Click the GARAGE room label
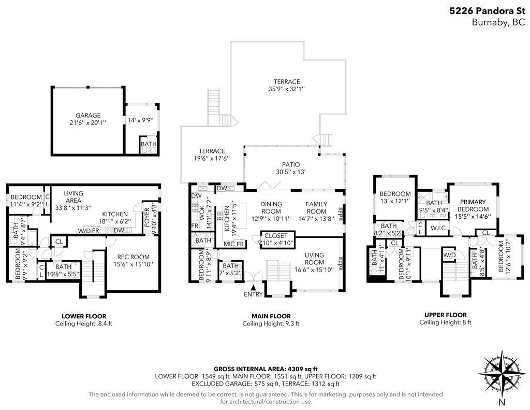point(88,116)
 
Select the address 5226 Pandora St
point(487,11)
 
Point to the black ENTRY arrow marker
point(253,288)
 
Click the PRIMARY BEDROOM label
point(473,205)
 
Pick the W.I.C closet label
point(438,228)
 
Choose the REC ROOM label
point(133,257)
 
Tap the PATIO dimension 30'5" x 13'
point(291,172)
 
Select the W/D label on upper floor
point(449,255)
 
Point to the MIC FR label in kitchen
point(233,244)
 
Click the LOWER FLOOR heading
point(84,317)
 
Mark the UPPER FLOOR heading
point(446,315)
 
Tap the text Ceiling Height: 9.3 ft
point(271,323)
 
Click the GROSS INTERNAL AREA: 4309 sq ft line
point(266,369)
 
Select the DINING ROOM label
point(271,207)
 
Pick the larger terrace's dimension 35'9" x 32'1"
point(287,89)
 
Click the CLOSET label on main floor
point(276,236)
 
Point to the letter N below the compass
point(502,403)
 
